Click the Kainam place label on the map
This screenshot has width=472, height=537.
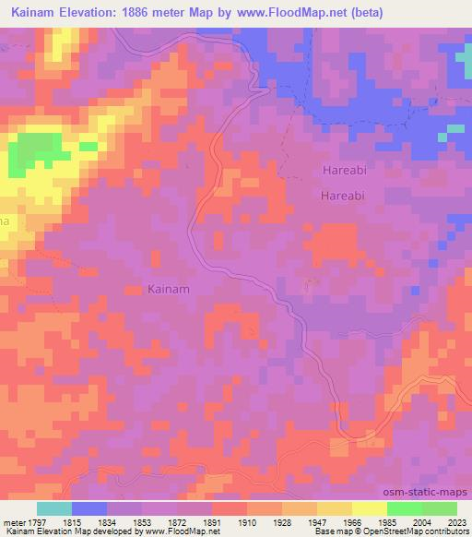tap(169, 289)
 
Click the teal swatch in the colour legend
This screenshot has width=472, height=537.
tap(54, 508)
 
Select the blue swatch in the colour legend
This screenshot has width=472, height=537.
tap(89, 508)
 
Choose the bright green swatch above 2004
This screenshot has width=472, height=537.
tap(404, 508)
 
